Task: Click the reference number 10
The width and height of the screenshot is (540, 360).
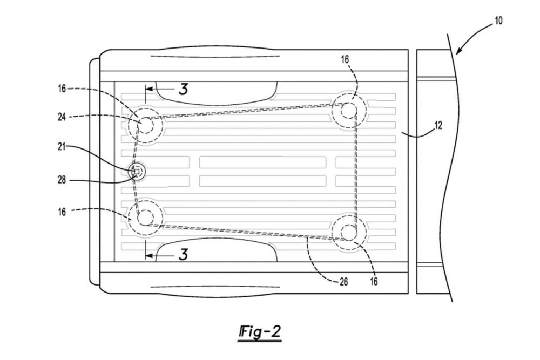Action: click(x=498, y=21)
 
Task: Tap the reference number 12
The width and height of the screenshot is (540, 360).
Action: click(x=438, y=125)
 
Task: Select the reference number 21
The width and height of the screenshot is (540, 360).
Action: click(x=62, y=147)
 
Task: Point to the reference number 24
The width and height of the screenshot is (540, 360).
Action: click(x=62, y=117)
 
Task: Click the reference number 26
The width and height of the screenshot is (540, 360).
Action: click(x=343, y=282)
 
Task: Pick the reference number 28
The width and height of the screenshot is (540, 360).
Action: click(x=62, y=180)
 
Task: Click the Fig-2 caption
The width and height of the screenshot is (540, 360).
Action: click(x=260, y=332)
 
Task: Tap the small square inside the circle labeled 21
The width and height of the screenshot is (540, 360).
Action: click(x=137, y=171)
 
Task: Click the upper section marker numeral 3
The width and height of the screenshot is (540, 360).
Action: click(x=183, y=89)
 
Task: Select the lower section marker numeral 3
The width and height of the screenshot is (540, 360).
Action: click(x=183, y=255)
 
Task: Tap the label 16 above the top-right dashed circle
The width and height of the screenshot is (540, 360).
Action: click(x=345, y=60)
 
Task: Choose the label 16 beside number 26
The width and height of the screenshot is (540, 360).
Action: click(x=374, y=282)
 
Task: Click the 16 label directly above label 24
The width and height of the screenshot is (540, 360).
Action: click(x=62, y=89)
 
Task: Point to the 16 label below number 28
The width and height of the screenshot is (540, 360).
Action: click(x=62, y=212)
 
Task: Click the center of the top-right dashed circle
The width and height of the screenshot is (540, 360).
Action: click(x=349, y=111)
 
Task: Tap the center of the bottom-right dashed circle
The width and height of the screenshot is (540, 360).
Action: click(x=349, y=232)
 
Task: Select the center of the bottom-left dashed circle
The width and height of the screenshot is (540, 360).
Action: click(x=145, y=218)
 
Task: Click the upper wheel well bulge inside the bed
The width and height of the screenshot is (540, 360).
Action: click(x=217, y=93)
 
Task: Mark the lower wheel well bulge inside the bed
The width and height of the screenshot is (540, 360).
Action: click(x=217, y=249)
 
